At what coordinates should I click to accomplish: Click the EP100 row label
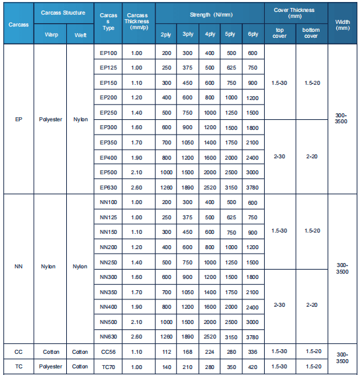[x=108, y=52]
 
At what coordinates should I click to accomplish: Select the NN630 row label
[x=108, y=337]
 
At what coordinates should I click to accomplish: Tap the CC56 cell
[x=108, y=351]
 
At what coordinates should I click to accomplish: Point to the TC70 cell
[x=108, y=366]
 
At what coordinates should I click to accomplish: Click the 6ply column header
[x=253, y=34]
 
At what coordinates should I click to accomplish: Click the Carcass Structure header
[x=63, y=13]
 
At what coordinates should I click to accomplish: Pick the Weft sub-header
[x=80, y=34]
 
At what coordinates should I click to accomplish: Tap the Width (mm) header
[x=342, y=24]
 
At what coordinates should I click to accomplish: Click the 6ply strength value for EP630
[x=253, y=187]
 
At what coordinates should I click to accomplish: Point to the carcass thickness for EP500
[x=136, y=173]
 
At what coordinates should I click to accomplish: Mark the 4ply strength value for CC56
[x=210, y=351]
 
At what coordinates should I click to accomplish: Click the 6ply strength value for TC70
[x=253, y=366]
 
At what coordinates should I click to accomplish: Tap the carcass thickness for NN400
[x=136, y=307]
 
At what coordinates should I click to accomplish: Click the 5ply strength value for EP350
[x=232, y=142]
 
